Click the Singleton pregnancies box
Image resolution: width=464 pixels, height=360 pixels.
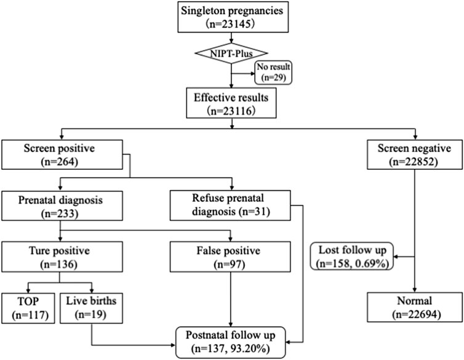pyautogui.click(x=231, y=18)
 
